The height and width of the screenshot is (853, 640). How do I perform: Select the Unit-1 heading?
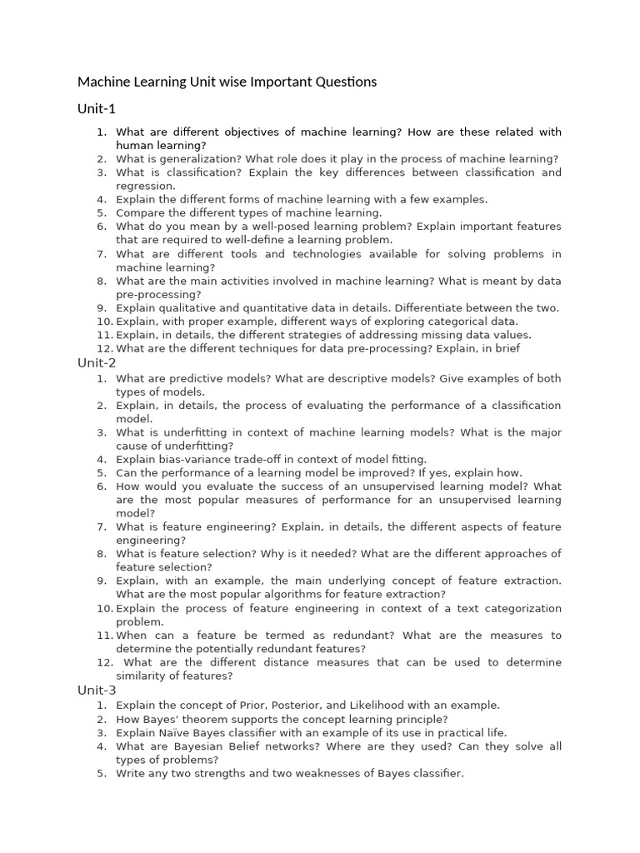coord(97,109)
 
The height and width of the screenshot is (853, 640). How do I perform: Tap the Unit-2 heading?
coord(97,362)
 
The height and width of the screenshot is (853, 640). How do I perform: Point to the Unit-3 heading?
coord(97,690)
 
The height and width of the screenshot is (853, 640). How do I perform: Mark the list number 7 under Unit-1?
coord(101,254)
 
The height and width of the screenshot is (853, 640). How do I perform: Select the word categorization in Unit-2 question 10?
coord(522,608)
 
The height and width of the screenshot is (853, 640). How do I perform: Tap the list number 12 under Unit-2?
coord(103,662)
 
